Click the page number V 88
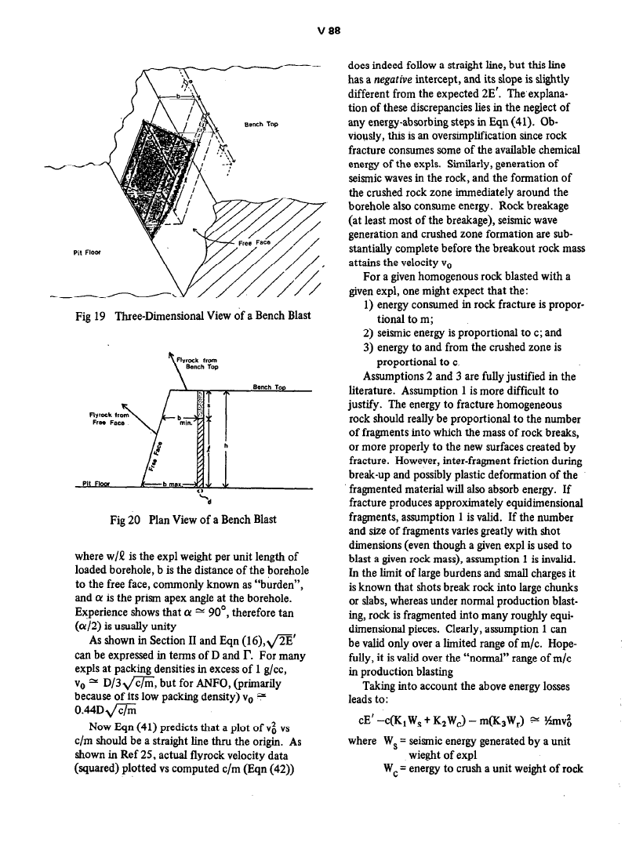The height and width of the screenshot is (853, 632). tap(315, 31)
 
